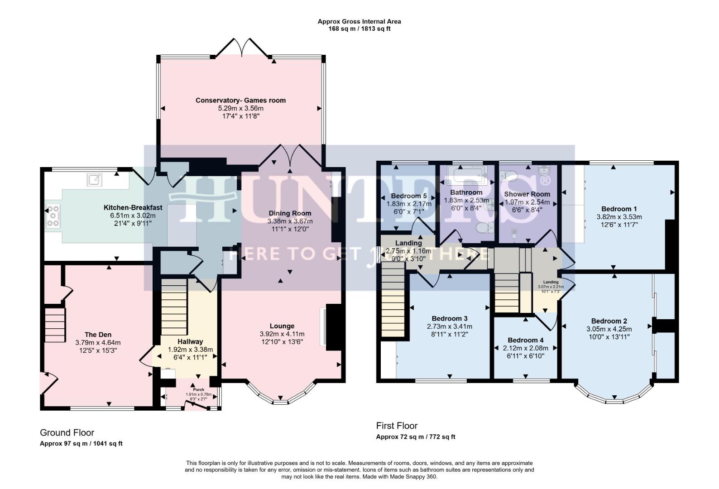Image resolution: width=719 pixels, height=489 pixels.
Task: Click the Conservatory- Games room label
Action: coord(240,101)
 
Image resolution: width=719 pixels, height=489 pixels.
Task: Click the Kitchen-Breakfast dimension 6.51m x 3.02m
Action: coord(129,216)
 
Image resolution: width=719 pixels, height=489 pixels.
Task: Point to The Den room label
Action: coord(98,335)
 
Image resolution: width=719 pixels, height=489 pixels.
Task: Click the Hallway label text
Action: coord(190,342)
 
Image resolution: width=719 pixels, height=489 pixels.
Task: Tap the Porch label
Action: coord(198,389)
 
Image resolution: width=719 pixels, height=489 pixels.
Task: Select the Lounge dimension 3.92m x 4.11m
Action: coord(282,334)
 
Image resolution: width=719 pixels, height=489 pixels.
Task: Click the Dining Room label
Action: coord(290,213)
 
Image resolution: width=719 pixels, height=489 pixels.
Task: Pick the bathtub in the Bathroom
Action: coord(467,175)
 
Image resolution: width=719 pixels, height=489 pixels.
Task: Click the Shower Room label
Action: coord(527,194)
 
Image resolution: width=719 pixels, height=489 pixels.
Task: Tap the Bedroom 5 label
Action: coord(409,196)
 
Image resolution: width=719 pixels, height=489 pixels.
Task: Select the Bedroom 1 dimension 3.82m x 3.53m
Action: coord(619,217)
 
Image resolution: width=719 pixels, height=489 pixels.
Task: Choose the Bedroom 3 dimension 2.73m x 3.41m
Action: coord(449,326)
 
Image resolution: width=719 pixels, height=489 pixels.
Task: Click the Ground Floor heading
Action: coord(67,433)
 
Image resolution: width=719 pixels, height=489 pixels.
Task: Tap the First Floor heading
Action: coord(397,426)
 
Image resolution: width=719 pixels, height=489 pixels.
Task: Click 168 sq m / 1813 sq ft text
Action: coord(359,29)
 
